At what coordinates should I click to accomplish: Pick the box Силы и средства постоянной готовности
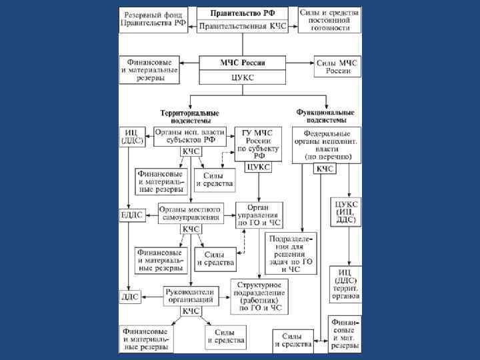click(x=329, y=21)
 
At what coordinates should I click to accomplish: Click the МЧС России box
click(x=243, y=63)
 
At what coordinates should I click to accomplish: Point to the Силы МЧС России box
click(x=338, y=67)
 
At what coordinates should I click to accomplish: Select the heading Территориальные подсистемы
click(x=185, y=117)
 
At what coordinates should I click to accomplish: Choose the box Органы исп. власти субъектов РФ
click(x=190, y=136)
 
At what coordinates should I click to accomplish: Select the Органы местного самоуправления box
click(x=190, y=213)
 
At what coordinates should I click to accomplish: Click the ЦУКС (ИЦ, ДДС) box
click(x=346, y=211)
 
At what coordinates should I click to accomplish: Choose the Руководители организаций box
click(x=190, y=295)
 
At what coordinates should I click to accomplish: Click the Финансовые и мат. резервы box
click(x=345, y=334)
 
